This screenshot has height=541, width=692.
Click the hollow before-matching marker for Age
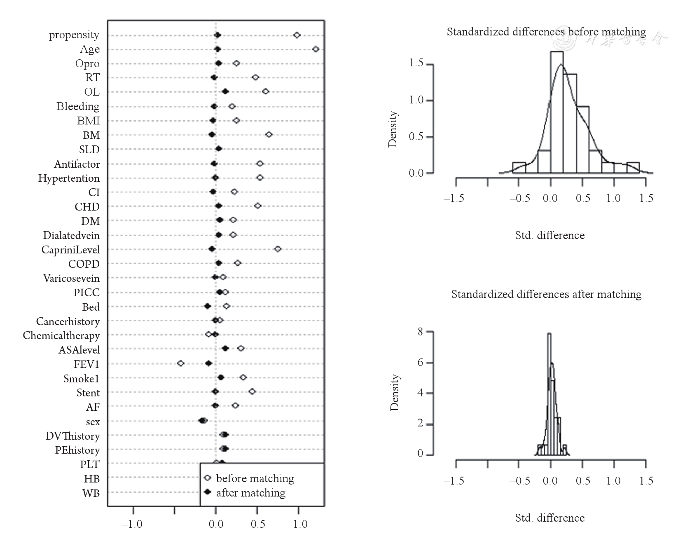point(316,49)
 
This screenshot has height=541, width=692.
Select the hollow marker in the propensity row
point(297,35)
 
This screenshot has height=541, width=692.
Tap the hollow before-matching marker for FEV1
point(180,363)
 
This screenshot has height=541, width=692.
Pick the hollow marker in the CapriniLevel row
point(278,249)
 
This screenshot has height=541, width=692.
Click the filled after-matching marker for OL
point(225,91)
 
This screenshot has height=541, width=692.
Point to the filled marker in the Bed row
point(208,306)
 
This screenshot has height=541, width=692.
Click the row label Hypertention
point(69,178)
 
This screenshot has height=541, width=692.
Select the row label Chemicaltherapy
point(61,335)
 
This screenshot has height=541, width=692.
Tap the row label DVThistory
point(72,436)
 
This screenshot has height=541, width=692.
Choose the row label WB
point(91,493)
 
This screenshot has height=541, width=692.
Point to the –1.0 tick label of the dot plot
point(132,524)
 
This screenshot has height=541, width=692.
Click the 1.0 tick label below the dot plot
point(300,524)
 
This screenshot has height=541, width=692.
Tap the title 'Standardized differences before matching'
point(546,32)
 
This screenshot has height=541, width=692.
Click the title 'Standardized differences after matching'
point(546,294)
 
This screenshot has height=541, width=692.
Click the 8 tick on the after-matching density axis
point(420,332)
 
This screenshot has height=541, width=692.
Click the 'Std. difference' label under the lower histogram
point(549,518)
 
